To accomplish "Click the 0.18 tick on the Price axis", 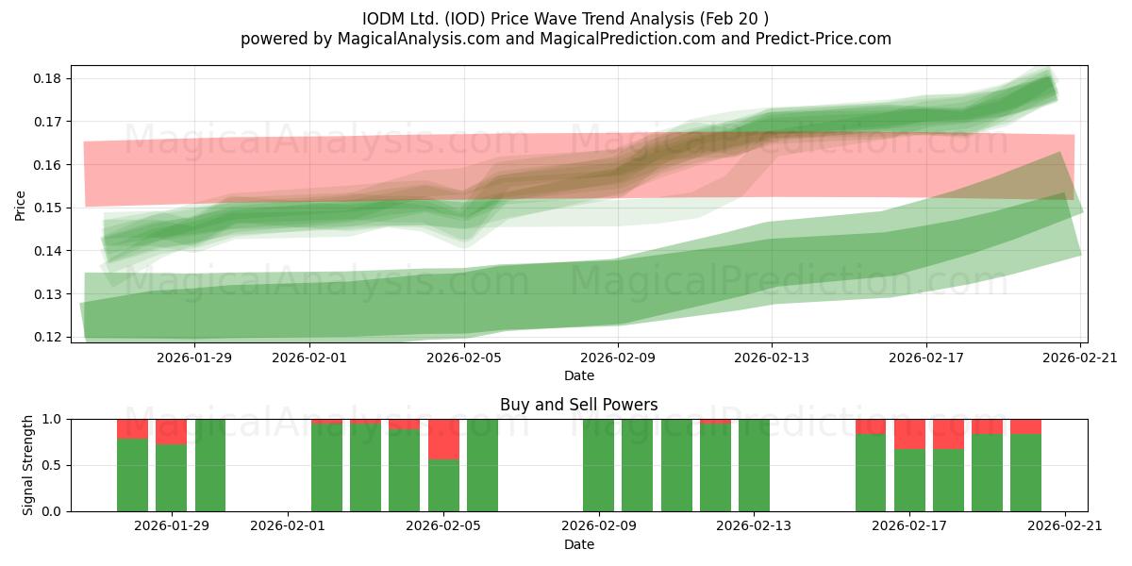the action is pyautogui.click(x=47, y=79).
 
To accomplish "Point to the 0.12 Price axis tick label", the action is pyautogui.click(x=47, y=337).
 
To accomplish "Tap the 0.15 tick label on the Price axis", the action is pyautogui.click(x=47, y=208).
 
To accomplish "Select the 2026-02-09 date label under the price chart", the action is pyautogui.click(x=618, y=358).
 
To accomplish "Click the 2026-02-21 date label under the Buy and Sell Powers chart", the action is pyautogui.click(x=1065, y=526).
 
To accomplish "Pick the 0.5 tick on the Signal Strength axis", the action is pyautogui.click(x=52, y=465).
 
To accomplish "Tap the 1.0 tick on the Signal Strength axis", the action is pyautogui.click(x=52, y=420).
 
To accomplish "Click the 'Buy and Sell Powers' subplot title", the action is pyautogui.click(x=578, y=405).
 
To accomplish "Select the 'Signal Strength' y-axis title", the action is pyautogui.click(x=27, y=465).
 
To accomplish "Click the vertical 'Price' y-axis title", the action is pyautogui.click(x=20, y=206).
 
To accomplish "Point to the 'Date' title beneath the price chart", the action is pyautogui.click(x=579, y=375).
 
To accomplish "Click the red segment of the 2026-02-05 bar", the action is pyautogui.click(x=443, y=440).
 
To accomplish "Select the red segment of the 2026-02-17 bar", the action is pyautogui.click(x=909, y=434).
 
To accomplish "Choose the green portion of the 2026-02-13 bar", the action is pyautogui.click(x=754, y=465).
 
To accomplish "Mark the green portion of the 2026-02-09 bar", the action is pyautogui.click(x=598, y=465).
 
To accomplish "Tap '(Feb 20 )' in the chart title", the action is pyautogui.click(x=734, y=19).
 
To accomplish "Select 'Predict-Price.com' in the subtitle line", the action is pyautogui.click(x=824, y=39).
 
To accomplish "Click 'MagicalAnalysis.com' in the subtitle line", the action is pyautogui.click(x=419, y=39).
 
